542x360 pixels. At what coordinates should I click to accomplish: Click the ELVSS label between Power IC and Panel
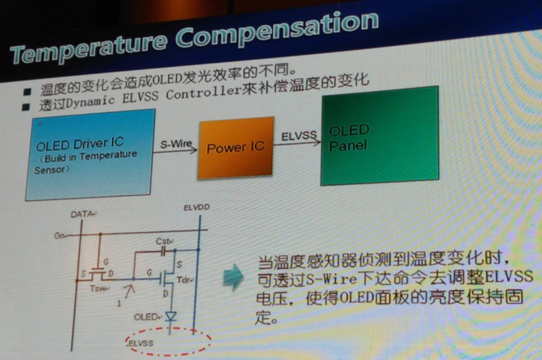coord(299,136)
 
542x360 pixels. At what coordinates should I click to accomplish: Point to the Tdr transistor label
coord(184,279)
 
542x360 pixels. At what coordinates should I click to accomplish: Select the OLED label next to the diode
coord(146,317)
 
